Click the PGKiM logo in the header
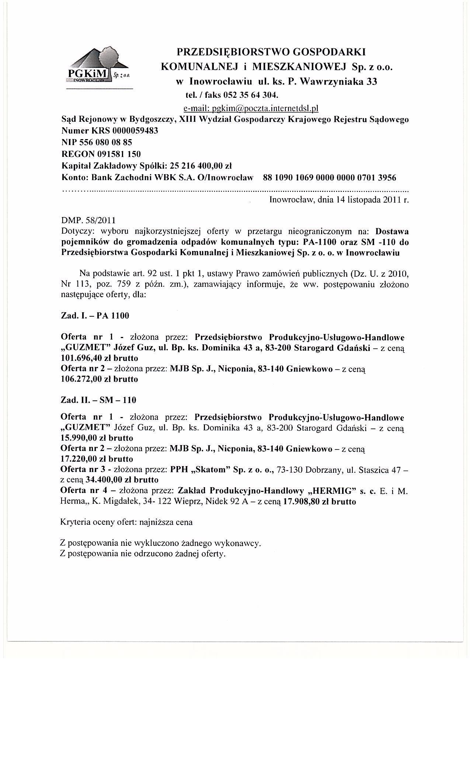pyautogui.click(x=98, y=66)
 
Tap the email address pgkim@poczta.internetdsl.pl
pyautogui.click(x=251, y=108)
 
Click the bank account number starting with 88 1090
pyautogui.click(x=330, y=178)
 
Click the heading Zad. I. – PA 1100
pyautogui.click(x=95, y=316)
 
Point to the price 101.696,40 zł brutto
pyautogui.click(x=99, y=358)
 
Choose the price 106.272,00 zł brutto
pyautogui.click(x=99, y=379)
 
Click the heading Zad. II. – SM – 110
pyautogui.click(x=98, y=400)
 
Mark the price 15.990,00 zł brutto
pyautogui.click(x=97, y=438)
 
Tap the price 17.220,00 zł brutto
pyautogui.click(x=97, y=459)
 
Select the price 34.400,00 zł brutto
pyautogui.click(x=122, y=480)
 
